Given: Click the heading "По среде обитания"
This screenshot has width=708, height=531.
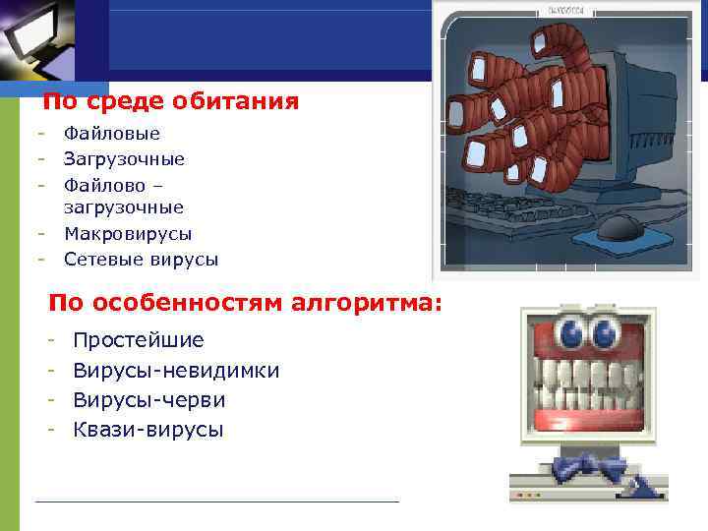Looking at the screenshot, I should [171, 101].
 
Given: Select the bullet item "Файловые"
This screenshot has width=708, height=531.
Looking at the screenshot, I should [112, 133].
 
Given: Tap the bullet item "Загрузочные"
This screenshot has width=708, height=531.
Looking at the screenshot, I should [124, 158].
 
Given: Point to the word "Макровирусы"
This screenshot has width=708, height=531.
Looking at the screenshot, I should [128, 234].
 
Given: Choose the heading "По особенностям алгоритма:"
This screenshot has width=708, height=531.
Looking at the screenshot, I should [246, 302].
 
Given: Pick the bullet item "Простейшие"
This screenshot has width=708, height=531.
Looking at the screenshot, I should [139, 340].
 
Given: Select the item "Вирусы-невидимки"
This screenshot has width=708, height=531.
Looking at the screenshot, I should [176, 371].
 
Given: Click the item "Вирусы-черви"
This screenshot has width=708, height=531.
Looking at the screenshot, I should [149, 400].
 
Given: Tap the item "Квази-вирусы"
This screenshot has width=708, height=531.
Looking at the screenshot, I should [148, 430].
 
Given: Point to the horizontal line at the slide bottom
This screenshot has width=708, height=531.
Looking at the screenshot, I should [216, 501].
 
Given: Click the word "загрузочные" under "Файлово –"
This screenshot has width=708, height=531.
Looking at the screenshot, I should [124, 207].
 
